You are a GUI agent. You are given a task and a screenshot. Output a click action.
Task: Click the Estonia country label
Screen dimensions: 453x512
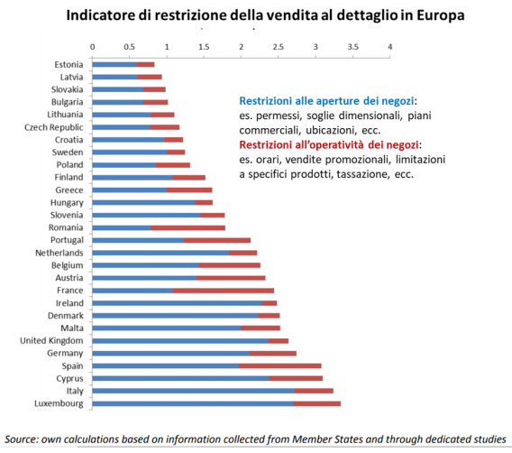pos(69,64)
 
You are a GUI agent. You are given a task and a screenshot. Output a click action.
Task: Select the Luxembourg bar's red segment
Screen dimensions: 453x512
pos(316,403)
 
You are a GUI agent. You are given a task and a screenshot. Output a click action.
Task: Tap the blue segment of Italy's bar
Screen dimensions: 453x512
pos(193,391)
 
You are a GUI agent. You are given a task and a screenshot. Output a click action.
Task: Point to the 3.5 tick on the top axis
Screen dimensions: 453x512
pos(352,46)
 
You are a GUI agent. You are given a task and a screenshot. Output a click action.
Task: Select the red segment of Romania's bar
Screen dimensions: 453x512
pos(188,227)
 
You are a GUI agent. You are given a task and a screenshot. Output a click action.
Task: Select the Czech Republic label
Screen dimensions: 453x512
pos(55,127)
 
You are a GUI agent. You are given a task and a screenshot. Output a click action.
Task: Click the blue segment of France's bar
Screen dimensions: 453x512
pos(133,290)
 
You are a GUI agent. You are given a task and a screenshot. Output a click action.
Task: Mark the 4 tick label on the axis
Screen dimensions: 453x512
pos(389,46)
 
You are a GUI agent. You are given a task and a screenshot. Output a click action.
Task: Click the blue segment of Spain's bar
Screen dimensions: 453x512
pos(166,365)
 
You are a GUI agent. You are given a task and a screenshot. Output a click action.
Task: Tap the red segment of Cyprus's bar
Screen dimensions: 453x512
pos(295,378)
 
